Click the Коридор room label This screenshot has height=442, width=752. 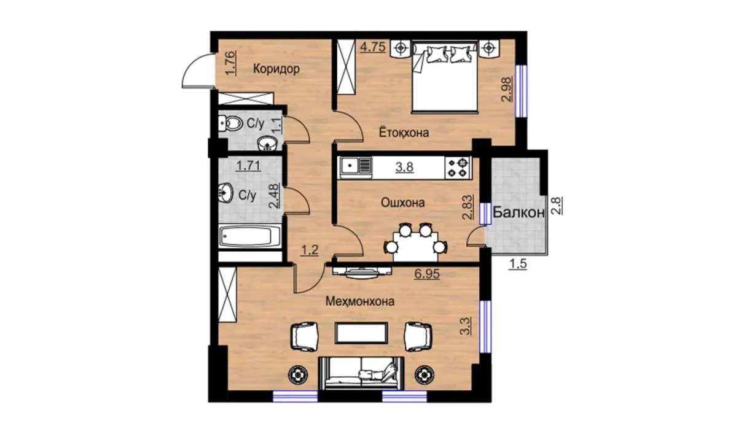pyautogui.click(x=276, y=69)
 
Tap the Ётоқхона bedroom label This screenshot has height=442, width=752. pyautogui.click(x=404, y=133)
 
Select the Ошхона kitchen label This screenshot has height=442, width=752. pyautogui.click(x=402, y=203)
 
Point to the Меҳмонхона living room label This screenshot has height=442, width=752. pyautogui.click(x=360, y=301)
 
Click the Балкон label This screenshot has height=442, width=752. pyautogui.click(x=519, y=212)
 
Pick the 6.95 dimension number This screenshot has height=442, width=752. pyautogui.click(x=427, y=274)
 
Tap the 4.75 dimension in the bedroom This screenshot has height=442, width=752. pyautogui.click(x=373, y=47)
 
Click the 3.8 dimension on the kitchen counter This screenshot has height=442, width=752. pyautogui.click(x=404, y=167)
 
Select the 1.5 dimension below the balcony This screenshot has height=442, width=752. pyautogui.click(x=518, y=264)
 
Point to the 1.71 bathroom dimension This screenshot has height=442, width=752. pyautogui.click(x=248, y=165)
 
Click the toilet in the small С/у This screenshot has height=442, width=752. pyautogui.click(x=230, y=124)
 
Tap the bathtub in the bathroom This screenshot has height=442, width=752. pyautogui.click(x=250, y=236)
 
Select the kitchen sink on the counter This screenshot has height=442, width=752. pyautogui.click(x=356, y=168)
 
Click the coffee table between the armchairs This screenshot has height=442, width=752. pyautogui.click(x=361, y=333)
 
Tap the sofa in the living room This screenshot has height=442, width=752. pyautogui.click(x=361, y=373)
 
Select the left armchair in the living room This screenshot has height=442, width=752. pyautogui.click(x=304, y=336)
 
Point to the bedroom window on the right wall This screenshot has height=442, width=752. pyautogui.click(x=522, y=91)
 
